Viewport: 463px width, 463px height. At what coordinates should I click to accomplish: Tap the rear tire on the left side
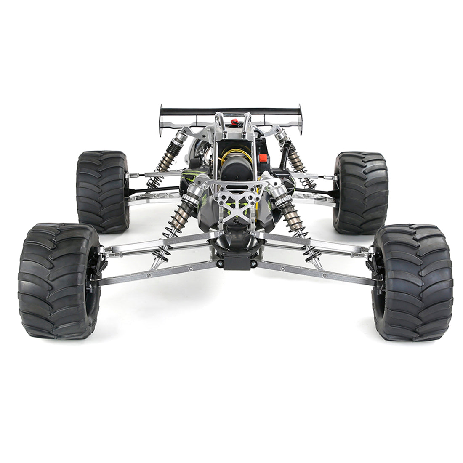pos(102,192)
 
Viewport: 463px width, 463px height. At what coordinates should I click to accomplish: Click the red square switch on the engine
pos(264,158)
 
